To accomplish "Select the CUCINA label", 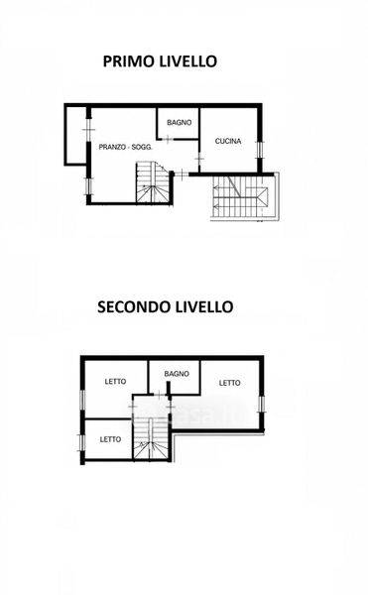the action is (228, 141).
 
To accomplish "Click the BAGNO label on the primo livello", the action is (180, 123).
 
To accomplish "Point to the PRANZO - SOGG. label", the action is (126, 147).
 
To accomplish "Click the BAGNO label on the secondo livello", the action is (177, 374).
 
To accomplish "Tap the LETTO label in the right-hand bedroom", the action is (229, 383).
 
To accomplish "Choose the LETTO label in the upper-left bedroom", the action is (115, 382).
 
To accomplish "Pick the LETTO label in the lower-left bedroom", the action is (110, 439).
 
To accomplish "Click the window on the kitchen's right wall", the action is (260, 150).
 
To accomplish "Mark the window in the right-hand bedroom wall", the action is (262, 405).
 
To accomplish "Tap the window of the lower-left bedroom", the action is (81, 443).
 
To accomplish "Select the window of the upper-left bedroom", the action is (81, 400).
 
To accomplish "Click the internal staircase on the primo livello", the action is (153, 182).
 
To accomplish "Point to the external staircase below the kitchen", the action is (245, 197).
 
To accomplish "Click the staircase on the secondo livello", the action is (151, 438).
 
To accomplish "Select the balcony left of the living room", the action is (75, 135).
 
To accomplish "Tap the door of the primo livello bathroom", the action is (167, 139).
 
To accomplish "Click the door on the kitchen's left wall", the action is (199, 158).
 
